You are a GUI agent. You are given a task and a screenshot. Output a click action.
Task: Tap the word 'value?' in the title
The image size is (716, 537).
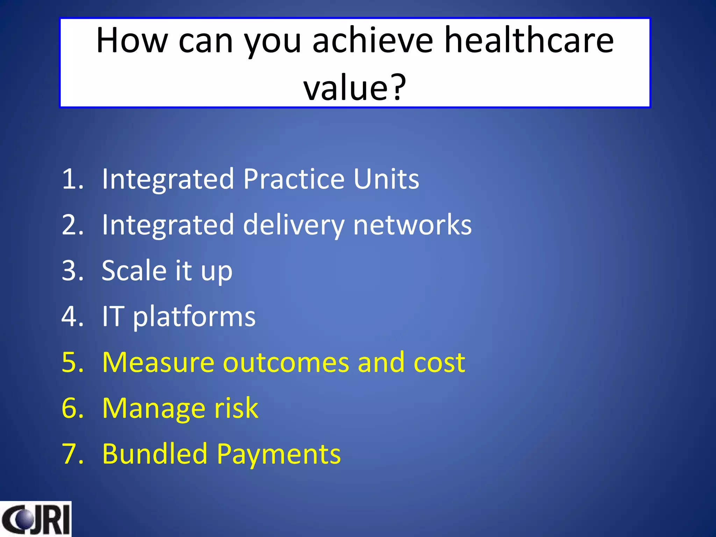355,87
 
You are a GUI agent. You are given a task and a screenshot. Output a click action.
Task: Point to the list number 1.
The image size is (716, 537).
72,179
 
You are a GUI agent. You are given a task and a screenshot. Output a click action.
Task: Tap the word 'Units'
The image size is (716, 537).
386,179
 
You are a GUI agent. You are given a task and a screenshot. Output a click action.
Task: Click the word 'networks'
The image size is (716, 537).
413,225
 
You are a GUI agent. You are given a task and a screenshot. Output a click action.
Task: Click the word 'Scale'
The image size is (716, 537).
134,271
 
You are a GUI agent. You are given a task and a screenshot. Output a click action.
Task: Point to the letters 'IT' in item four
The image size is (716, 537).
113,316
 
